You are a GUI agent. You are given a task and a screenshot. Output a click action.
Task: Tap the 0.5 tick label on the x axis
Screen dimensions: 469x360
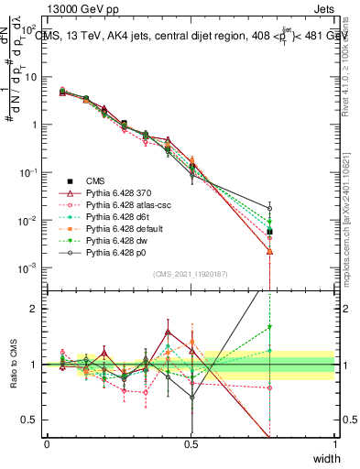pos(191,443)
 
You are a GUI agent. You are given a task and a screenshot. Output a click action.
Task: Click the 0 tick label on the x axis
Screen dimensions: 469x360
pos(47,443)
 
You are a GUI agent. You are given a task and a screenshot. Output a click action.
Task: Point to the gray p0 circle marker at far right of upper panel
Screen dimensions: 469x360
pos(322,208)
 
